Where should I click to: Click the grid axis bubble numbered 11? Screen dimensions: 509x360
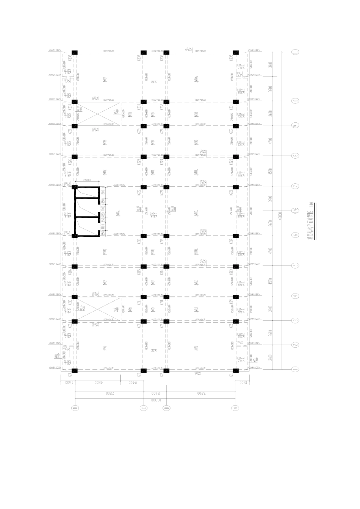click(x=295, y=52)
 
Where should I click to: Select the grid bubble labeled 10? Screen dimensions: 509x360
click(x=295, y=101)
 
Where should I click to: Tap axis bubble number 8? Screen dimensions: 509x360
click(x=295, y=156)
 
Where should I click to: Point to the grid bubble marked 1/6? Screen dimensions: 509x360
click(x=295, y=211)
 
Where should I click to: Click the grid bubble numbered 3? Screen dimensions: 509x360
click(x=295, y=320)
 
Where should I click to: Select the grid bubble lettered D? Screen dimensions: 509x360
click(x=75, y=408)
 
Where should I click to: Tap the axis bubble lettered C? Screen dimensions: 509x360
click(x=143, y=408)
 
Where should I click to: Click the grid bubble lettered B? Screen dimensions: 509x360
click(x=166, y=408)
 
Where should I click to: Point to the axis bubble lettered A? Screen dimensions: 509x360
click(x=235, y=408)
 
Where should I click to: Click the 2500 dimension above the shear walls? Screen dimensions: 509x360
click(x=87, y=180)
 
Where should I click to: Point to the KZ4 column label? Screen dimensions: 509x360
click(x=70, y=375)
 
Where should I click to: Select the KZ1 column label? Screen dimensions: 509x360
click(x=231, y=375)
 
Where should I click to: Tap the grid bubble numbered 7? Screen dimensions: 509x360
click(x=295, y=186)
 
